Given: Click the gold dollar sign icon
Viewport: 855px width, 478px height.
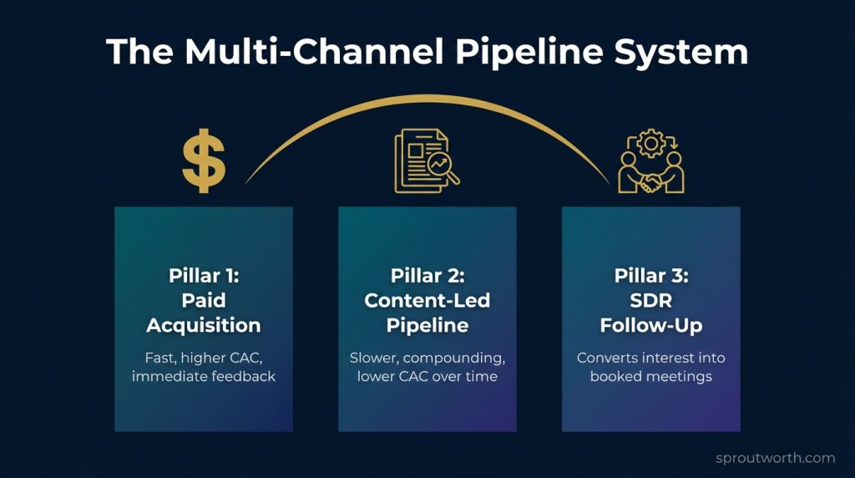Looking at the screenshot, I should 203,161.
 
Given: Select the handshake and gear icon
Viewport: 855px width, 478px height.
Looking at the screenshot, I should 650,161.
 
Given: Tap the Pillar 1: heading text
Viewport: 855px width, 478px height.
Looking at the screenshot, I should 203,277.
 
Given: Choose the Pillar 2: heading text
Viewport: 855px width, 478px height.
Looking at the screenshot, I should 427,277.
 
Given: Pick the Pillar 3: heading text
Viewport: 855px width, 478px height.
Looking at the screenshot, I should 650,277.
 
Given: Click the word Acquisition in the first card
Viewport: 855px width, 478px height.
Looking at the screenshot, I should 203,325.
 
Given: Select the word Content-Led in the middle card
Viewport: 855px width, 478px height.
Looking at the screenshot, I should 427,301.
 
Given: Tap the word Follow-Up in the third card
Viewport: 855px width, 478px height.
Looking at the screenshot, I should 650,325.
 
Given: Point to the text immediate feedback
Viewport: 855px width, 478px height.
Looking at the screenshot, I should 203,377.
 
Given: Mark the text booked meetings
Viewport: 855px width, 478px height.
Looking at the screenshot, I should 650,377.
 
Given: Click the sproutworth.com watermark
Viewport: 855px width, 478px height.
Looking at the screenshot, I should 776,458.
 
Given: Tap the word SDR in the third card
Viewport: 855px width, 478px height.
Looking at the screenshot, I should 650,301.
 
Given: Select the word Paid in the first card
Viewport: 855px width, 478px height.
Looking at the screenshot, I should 203,301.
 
